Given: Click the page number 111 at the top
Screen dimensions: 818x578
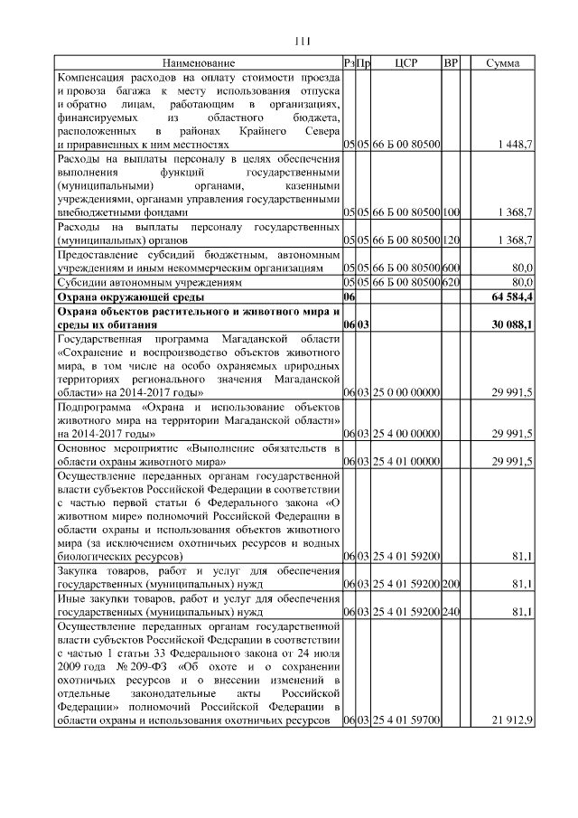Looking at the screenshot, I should pyautogui.click(x=303, y=40).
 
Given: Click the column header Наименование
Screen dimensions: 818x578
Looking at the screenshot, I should pyautogui.click(x=199, y=63).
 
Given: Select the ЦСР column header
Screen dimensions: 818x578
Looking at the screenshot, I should pyautogui.click(x=406, y=63).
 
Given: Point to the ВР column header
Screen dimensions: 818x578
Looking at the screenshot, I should pyautogui.click(x=452, y=63).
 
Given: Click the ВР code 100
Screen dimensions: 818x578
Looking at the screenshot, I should pyautogui.click(x=452, y=212).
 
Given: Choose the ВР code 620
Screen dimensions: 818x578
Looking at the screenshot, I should pyautogui.click(x=452, y=282).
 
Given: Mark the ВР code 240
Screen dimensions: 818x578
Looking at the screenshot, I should pyautogui.click(x=452, y=613).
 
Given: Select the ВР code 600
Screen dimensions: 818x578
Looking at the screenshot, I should pyautogui.click(x=452, y=268).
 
